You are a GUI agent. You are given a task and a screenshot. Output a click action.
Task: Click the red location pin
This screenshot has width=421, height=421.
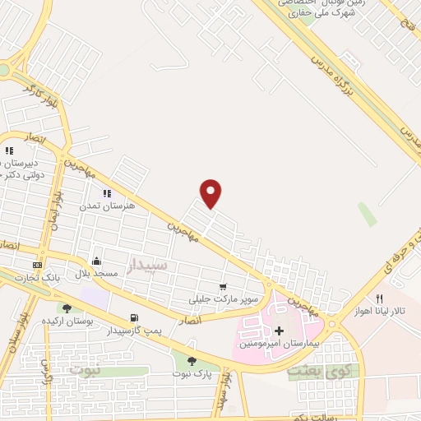211,192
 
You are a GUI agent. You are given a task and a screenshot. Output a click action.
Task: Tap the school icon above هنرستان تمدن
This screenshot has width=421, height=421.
106,193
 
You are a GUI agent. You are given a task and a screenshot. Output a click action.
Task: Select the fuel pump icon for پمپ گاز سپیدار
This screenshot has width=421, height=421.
133,317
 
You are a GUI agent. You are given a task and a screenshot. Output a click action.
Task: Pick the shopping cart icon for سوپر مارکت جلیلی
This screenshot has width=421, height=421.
223,286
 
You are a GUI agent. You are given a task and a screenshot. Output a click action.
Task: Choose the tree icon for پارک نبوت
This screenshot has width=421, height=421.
192,360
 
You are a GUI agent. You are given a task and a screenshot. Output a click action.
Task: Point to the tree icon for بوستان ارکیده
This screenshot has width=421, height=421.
67,308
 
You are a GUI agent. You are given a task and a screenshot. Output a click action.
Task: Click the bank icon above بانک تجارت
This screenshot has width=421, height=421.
37,265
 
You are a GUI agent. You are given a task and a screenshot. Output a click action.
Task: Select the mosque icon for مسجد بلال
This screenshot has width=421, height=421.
97,259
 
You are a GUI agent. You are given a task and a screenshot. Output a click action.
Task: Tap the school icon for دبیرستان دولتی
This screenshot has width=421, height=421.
9,150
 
